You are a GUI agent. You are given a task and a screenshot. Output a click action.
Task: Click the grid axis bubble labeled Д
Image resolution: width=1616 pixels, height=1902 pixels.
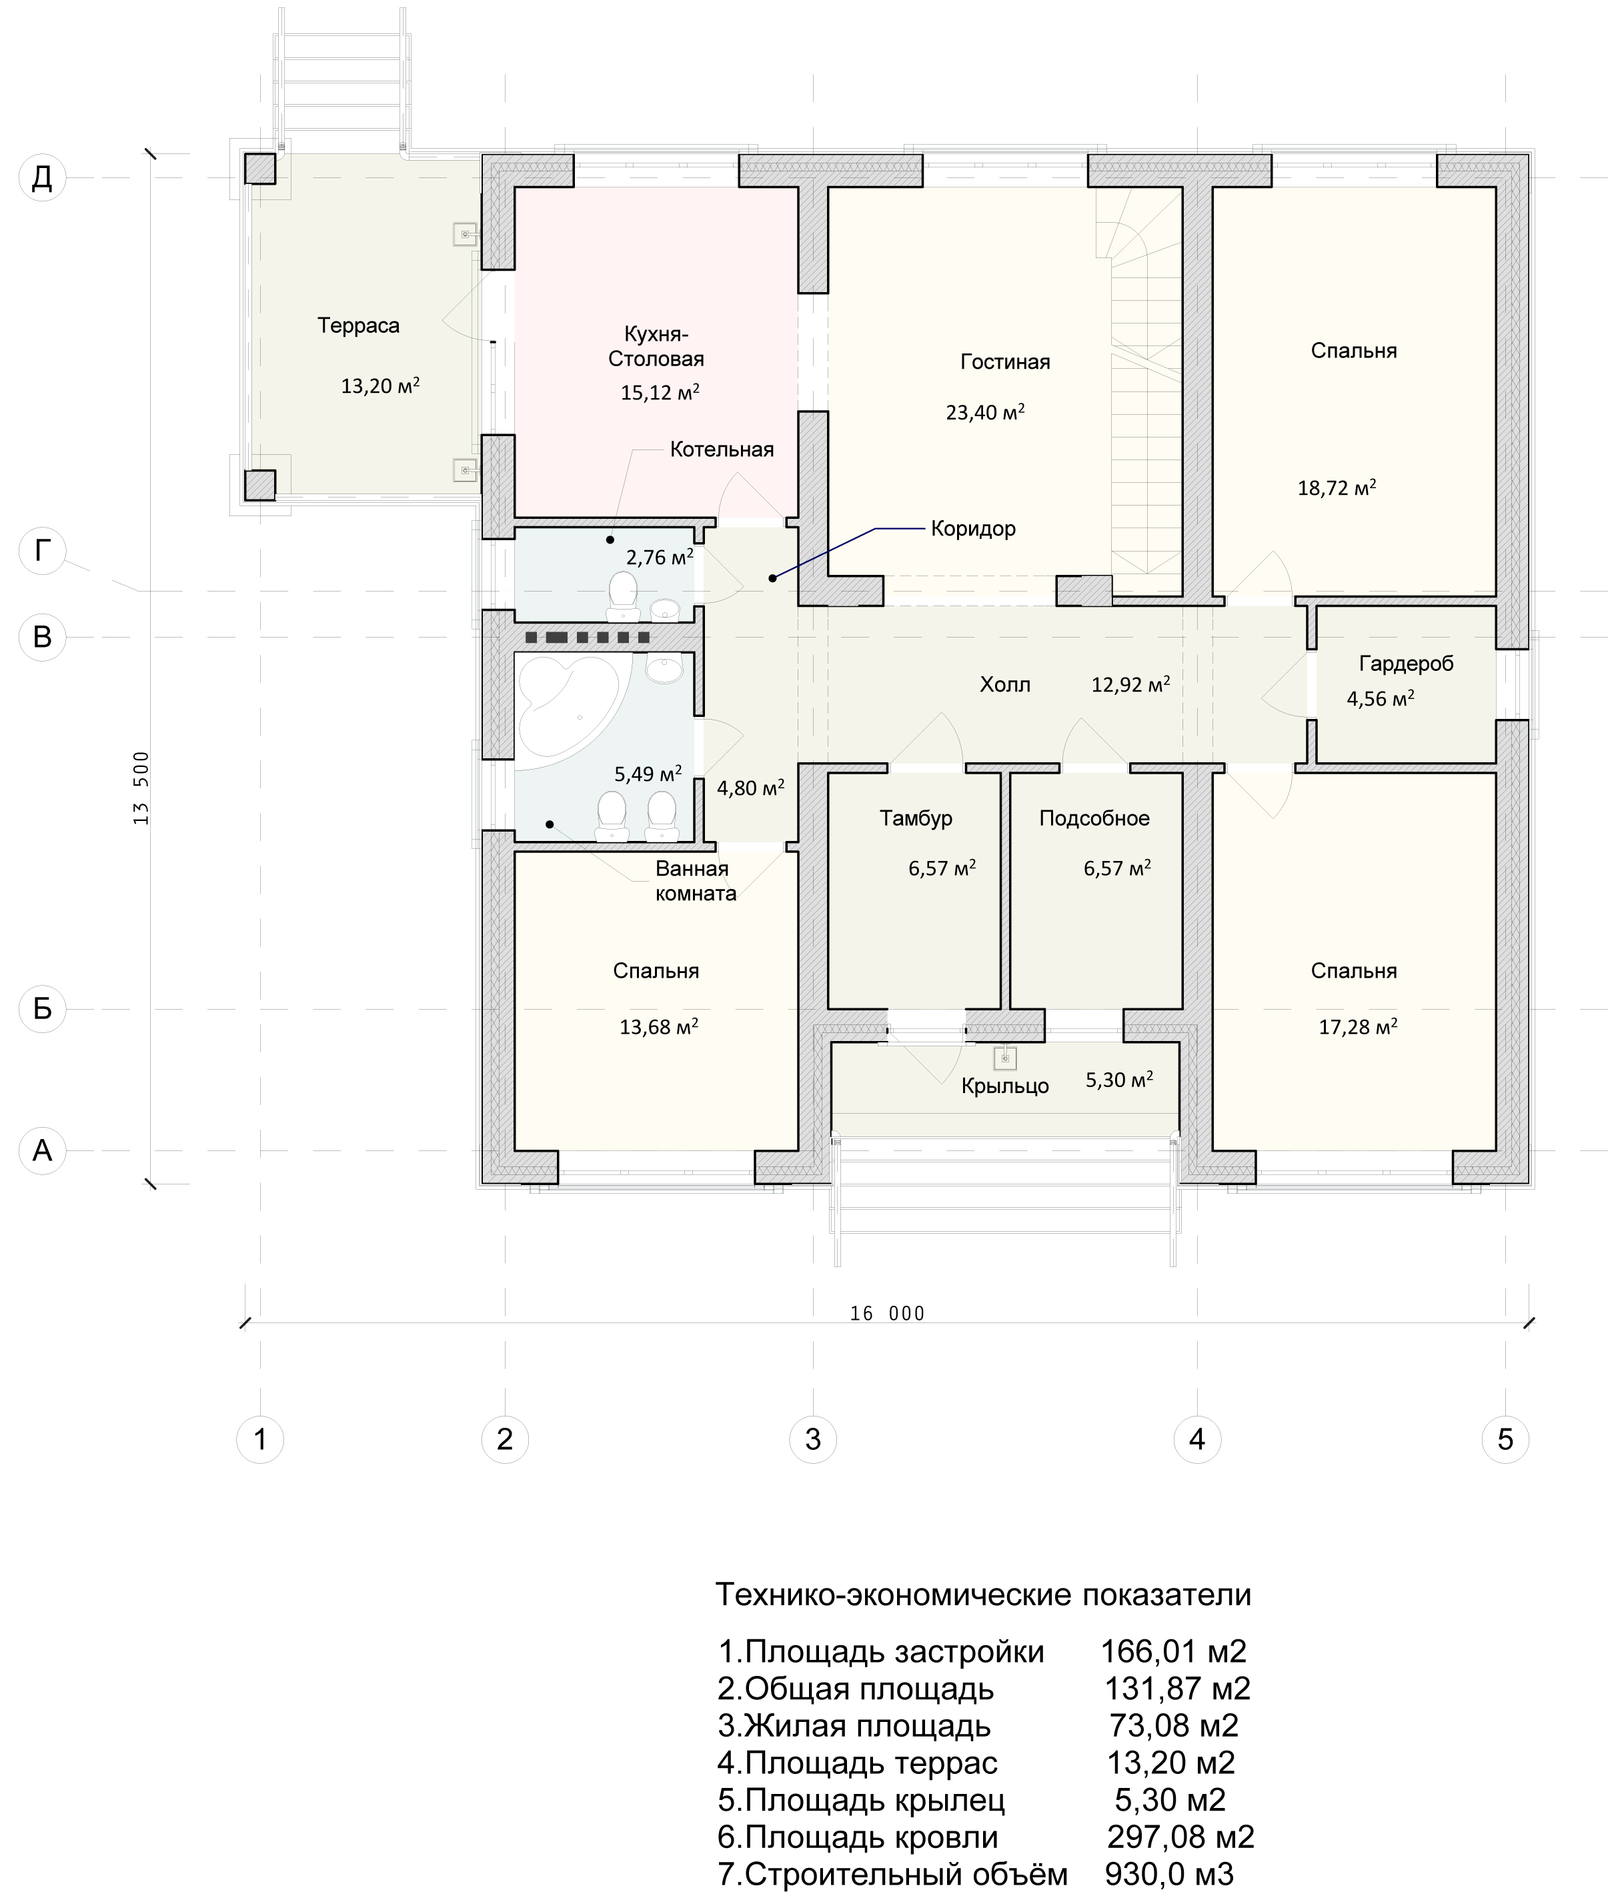42,178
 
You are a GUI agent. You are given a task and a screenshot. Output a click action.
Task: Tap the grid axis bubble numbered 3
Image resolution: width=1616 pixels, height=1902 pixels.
812,1439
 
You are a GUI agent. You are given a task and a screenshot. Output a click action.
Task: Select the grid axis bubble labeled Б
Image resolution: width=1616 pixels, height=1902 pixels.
42,1009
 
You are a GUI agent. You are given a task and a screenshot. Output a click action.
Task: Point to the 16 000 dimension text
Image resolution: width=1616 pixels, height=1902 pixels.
887,1314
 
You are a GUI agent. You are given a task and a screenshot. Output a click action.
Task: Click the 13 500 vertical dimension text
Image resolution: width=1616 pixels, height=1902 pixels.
141,787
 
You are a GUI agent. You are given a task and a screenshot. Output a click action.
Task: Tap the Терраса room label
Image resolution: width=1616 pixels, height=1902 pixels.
358,325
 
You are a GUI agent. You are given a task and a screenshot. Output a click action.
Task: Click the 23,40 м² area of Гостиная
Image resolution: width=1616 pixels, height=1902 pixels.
985,411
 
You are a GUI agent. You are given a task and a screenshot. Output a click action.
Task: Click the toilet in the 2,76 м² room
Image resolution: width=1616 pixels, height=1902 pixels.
623,592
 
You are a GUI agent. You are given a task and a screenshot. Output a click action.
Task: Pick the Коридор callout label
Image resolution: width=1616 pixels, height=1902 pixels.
973,529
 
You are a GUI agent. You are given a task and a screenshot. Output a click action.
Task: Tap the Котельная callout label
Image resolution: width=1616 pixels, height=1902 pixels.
722,449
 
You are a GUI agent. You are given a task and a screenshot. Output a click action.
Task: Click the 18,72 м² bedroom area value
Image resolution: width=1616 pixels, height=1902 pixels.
1337,488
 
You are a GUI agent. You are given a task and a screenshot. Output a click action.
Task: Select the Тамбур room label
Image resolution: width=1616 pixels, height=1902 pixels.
916,818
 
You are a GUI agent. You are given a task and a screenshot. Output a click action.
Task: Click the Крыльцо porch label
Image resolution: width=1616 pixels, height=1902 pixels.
1005,1086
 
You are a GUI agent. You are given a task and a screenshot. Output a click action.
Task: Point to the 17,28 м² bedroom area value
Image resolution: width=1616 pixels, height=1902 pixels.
1358,1027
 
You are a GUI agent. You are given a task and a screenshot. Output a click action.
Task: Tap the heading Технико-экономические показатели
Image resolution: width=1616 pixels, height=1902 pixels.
983,1595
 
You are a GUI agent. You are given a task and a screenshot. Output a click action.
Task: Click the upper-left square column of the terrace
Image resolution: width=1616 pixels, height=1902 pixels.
259,169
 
